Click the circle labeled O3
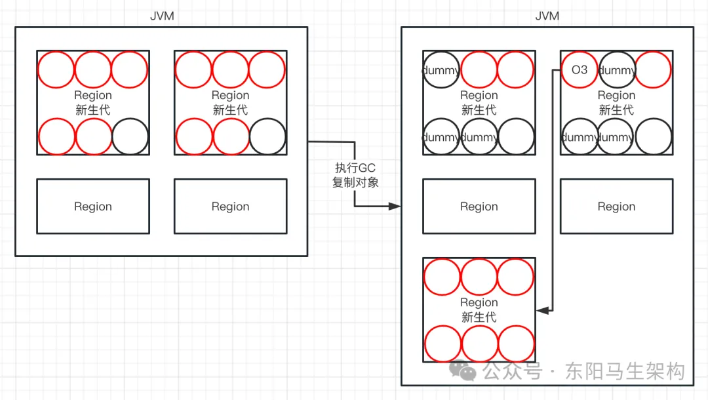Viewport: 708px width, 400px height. [580, 70]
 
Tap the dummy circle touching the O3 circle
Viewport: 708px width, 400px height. [616, 70]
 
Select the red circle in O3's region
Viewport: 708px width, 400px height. [653, 70]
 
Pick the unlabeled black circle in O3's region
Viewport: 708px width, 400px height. [653, 137]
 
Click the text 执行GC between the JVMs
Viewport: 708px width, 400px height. [355, 169]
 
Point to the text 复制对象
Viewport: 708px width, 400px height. [355, 182]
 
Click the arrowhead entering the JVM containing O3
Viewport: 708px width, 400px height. [395, 206]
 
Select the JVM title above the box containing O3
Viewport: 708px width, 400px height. [547, 16]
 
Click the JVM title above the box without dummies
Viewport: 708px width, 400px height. [162, 16]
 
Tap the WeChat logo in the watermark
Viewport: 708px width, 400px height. [468, 371]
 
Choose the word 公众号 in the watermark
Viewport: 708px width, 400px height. [513, 372]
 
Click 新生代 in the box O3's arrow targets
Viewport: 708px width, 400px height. [479, 317]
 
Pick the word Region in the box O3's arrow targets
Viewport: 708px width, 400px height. [479, 303]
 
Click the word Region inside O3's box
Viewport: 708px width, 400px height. [616, 96]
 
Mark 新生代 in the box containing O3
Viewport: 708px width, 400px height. [616, 110]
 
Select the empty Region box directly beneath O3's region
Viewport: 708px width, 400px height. [616, 207]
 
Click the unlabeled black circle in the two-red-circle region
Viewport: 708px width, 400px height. [515, 137]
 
